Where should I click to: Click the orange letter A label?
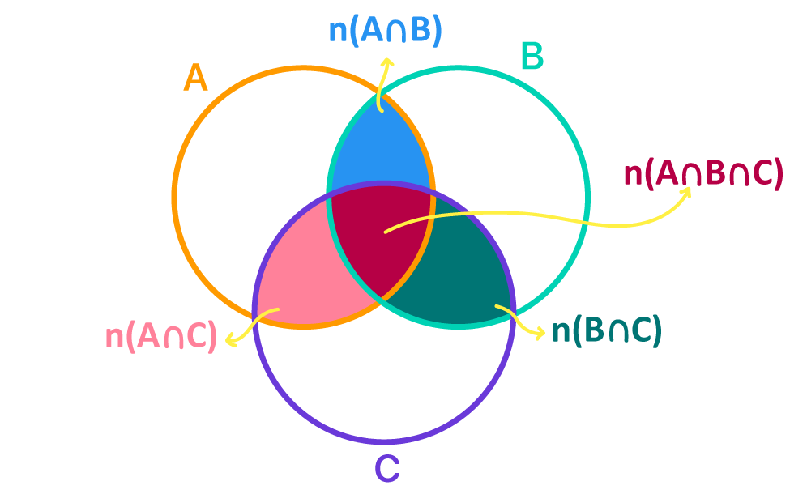(195, 79)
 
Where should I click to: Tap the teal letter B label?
(532, 57)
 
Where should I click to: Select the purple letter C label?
(387, 469)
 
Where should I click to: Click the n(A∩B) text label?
(385, 31)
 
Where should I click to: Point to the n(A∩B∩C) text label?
(702, 173)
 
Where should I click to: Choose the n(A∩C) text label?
(161, 337)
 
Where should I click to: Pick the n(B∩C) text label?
(606, 330)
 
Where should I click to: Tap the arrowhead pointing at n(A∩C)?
(231, 341)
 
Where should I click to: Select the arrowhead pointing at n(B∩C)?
(540, 333)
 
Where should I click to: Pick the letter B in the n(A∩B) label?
(420, 31)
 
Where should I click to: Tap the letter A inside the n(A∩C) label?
(146, 337)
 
